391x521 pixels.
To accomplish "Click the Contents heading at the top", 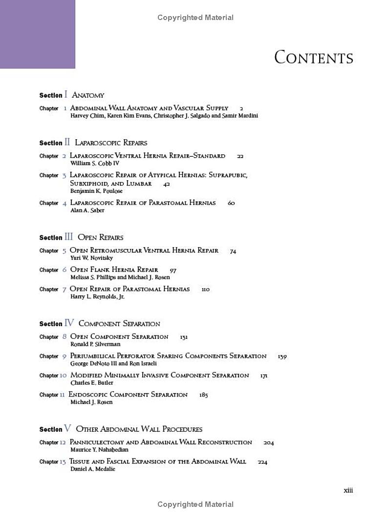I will point(313,57).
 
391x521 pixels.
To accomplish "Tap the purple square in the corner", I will point(38,34).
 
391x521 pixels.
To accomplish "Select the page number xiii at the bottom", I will point(348,491).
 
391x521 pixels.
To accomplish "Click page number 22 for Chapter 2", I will point(240,156).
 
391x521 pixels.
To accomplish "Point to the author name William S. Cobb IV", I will point(94,164).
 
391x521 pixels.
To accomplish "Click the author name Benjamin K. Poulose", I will point(96,191).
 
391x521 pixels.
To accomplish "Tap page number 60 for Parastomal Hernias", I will point(231,203).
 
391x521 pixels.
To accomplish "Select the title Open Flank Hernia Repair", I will point(114,270).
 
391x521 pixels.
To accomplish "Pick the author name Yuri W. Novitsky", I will point(92,258).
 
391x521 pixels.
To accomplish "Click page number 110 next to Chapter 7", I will point(205,290).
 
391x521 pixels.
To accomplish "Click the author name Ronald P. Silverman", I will point(95,344).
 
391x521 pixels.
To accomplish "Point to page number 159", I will point(282,356).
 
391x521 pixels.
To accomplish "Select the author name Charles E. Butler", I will point(92,383).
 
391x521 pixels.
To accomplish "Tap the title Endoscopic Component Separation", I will point(128,395).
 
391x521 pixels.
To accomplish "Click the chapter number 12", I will point(63,442).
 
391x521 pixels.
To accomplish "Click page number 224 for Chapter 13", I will point(262,462).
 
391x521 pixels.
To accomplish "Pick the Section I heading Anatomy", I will point(88,96).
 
